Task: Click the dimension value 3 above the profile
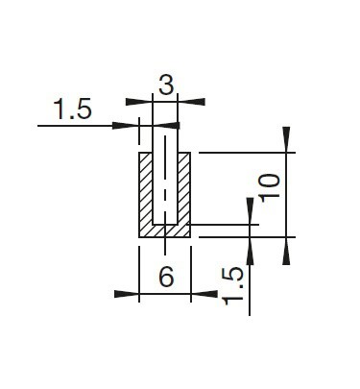[x=166, y=85]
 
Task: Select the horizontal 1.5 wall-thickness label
[x=73, y=109]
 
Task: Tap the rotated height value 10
[x=270, y=187]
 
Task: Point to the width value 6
[x=166, y=276]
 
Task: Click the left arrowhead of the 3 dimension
[x=139, y=102]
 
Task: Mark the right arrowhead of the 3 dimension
[x=191, y=102]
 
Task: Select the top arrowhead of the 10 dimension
[x=286, y=139]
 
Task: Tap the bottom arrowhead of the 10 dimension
[x=286, y=251]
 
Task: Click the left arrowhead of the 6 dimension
[x=127, y=294]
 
